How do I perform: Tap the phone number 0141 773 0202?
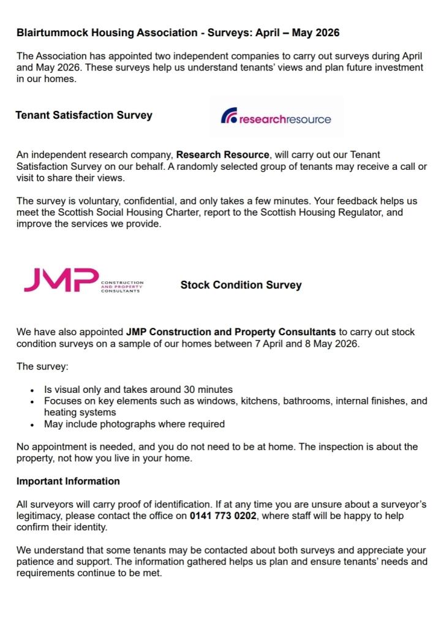(224, 516)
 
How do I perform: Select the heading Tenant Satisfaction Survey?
(84, 115)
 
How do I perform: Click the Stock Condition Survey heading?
(241, 285)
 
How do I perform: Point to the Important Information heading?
(68, 481)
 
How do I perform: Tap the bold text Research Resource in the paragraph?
(222, 155)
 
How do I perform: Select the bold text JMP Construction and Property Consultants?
(231, 332)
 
